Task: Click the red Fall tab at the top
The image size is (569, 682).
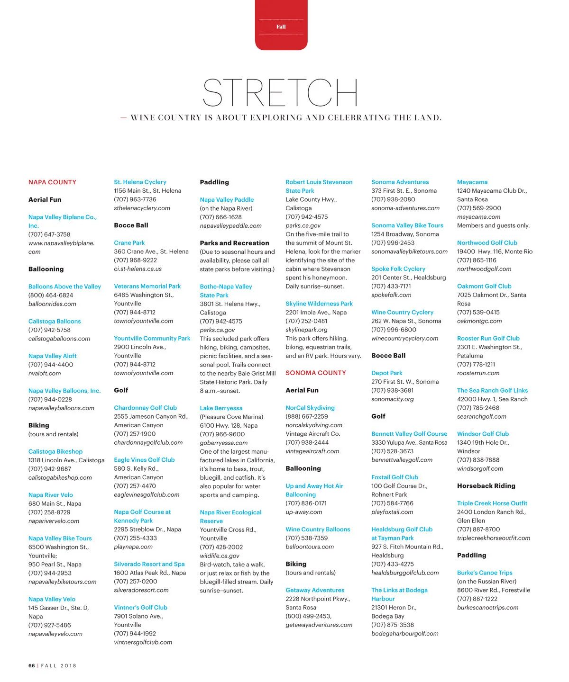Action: pyautogui.click(x=281, y=27)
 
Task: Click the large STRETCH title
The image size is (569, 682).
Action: pyautogui.click(x=280, y=92)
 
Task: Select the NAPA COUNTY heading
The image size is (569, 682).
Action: pyautogui.click(x=52, y=182)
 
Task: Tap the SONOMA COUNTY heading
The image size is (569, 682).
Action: pyautogui.click(x=316, y=373)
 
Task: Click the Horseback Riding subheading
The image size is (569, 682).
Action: pyautogui.click(x=486, y=486)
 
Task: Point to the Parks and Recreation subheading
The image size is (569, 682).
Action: pyautogui.click(x=234, y=243)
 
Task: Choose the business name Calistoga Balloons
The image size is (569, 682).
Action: pyautogui.click(x=55, y=321)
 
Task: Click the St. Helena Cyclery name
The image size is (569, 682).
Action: pyautogui.click(x=140, y=182)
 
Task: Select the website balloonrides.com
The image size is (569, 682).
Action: pyautogui.click(x=52, y=304)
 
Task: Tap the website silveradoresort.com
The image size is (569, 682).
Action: pyautogui.click(x=141, y=590)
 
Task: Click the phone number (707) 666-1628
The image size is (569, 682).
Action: pyautogui.click(x=220, y=217)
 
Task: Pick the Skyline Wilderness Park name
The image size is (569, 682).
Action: pyautogui.click(x=319, y=304)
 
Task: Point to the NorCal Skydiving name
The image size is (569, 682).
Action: pyautogui.click(x=310, y=408)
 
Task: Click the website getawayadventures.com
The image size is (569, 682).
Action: pyautogui.click(x=319, y=625)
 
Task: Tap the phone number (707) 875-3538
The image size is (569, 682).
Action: pyautogui.click(x=393, y=625)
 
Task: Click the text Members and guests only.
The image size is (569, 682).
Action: pyautogui.click(x=493, y=225)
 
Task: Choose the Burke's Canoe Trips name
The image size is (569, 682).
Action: pyautogui.click(x=485, y=573)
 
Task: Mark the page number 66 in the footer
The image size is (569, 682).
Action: pyautogui.click(x=31, y=666)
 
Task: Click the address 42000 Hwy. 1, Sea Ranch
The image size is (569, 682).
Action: pyautogui.click(x=492, y=399)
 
